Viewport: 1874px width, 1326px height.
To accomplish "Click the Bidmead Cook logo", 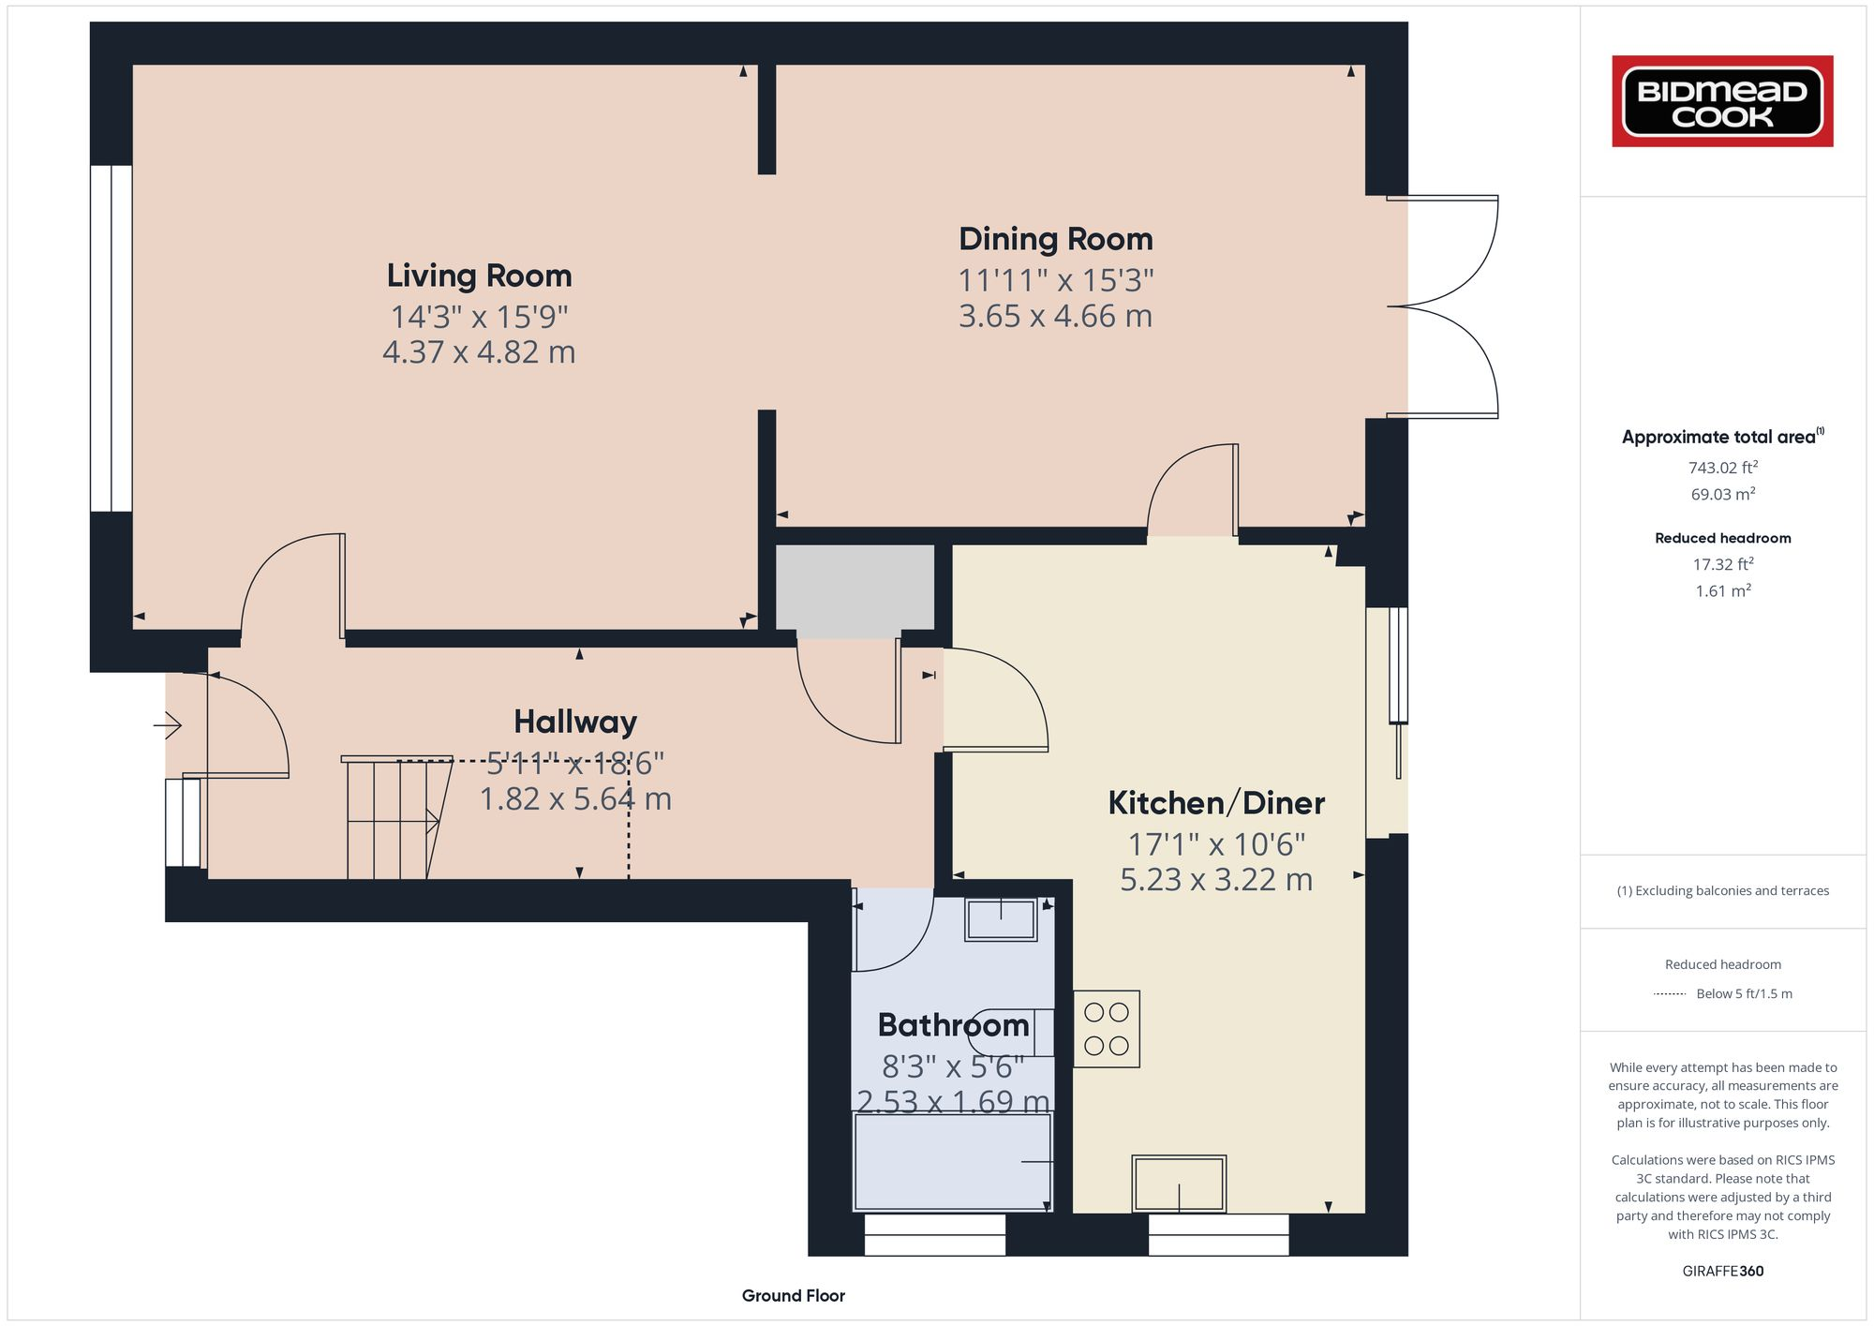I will point(1722,101).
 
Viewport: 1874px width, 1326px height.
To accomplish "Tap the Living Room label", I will point(479,276).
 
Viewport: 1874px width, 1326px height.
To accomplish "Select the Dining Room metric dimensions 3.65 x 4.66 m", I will point(1055,316).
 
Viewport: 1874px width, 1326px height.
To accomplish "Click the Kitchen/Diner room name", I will point(1216,803).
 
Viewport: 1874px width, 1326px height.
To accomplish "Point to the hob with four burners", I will point(1106,1029).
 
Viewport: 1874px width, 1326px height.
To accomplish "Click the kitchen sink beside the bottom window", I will point(1179,1184).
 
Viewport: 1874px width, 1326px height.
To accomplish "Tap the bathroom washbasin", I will point(1001,919).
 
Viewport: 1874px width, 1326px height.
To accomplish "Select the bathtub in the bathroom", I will point(952,1162).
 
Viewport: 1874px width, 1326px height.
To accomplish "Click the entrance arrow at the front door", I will point(168,724).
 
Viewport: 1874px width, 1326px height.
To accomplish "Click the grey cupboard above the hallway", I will point(855,588).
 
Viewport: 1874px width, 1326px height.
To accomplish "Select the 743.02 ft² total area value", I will point(1722,467).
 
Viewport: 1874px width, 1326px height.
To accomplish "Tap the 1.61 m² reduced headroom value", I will point(1722,591).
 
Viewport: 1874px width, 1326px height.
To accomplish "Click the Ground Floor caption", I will point(793,1296).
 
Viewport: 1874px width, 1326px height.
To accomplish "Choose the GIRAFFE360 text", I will point(1722,1272).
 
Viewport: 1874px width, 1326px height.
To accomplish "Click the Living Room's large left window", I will point(111,338).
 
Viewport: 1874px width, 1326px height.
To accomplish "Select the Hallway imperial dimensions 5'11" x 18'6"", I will point(574,764).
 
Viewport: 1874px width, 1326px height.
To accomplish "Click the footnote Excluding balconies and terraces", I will point(1722,891).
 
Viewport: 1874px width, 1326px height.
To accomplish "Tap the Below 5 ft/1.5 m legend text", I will point(1743,994).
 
